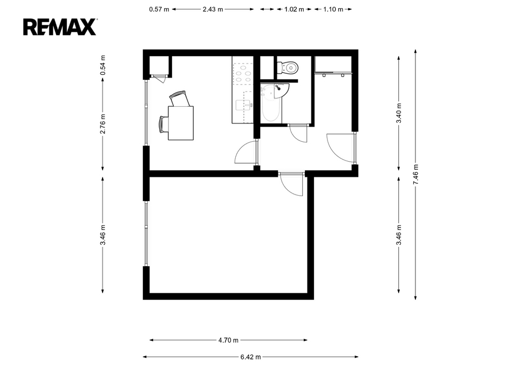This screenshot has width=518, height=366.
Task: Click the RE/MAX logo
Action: [x=60, y=27]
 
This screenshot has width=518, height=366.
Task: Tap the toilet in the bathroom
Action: [x=288, y=68]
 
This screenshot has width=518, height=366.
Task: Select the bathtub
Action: [x=271, y=103]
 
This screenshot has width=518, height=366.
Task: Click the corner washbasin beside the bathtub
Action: [x=282, y=91]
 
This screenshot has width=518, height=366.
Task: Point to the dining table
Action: [x=181, y=123]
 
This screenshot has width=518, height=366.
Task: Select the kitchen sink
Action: [x=244, y=106]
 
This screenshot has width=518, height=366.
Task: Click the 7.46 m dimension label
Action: [x=415, y=175]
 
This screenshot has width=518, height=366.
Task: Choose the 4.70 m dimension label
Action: [x=228, y=340]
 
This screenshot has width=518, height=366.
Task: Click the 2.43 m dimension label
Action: [x=213, y=9]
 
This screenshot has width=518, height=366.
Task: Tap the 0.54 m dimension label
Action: [x=103, y=65]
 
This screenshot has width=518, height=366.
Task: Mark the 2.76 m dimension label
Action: [x=103, y=124]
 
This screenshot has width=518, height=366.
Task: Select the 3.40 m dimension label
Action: [x=399, y=113]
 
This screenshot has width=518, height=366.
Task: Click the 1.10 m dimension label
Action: [x=333, y=9]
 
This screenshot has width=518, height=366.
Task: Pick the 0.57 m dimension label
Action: [x=159, y=9]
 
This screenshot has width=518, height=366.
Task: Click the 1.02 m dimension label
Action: [x=294, y=9]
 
